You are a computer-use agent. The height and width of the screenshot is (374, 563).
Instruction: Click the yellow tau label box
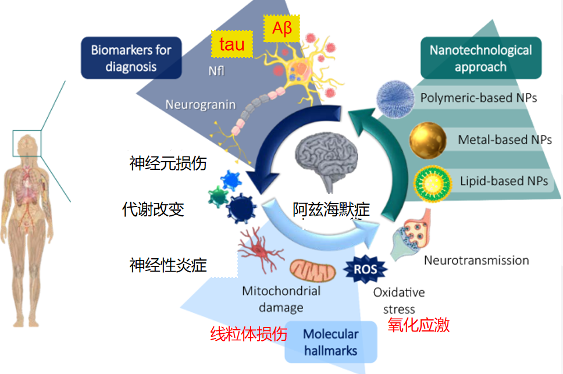tap(232, 44)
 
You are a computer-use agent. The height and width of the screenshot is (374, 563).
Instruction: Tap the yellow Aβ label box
tap(281, 29)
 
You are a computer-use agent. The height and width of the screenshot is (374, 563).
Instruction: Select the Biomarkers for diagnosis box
tap(131, 58)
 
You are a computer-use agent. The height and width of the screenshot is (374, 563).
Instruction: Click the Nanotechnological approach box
tap(480, 58)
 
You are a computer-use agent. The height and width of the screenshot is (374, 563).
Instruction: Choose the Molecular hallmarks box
tap(331, 343)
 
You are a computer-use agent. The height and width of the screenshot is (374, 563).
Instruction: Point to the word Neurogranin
tap(201, 105)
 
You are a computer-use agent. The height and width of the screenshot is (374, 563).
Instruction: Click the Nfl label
tap(216, 72)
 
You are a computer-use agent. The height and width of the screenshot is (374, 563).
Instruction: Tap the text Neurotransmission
tap(476, 260)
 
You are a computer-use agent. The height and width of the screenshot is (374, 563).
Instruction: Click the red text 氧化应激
tap(418, 325)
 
